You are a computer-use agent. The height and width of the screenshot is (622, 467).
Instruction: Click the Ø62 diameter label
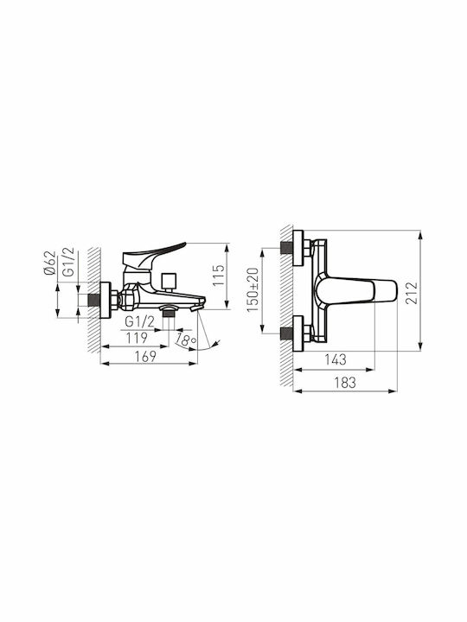coord(49,263)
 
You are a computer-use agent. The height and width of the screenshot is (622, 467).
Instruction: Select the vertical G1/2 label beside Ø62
coord(69,262)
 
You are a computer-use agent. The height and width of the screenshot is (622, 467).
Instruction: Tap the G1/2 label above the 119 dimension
coord(139,321)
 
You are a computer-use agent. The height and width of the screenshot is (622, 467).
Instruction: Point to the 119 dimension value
coord(137,339)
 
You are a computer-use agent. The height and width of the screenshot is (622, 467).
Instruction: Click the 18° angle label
coord(186,340)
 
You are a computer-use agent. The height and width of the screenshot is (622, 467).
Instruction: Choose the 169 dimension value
coord(145,357)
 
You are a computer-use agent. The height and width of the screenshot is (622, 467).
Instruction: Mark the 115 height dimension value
coord(219,276)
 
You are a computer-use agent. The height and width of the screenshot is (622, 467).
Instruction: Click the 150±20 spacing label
coord(253,290)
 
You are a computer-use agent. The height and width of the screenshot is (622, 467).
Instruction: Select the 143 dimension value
coord(336,359)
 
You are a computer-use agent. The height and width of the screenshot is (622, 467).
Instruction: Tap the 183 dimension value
coord(345,383)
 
